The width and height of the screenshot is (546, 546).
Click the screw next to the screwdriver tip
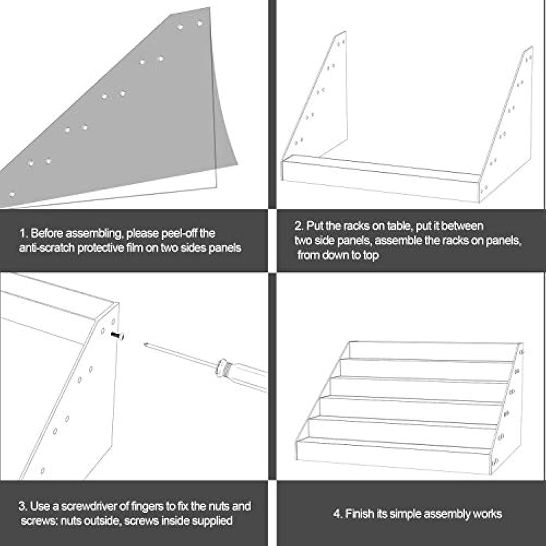[x=118, y=336]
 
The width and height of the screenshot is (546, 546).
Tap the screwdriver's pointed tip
[x=144, y=344]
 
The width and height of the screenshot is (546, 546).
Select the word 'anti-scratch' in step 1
[x=47, y=248]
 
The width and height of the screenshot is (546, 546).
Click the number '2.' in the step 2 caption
[x=299, y=226]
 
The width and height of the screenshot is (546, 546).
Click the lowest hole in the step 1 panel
[x=12, y=194]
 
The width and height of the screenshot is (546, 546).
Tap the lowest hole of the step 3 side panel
[x=43, y=471]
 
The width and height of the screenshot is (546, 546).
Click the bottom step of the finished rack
[x=394, y=456]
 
